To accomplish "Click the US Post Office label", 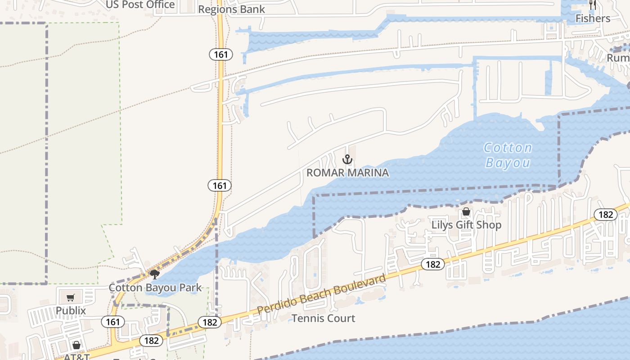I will click(140, 4).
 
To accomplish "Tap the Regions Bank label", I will click(231, 9).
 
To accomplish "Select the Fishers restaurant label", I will click(593, 18).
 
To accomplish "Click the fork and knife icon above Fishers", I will click(593, 5).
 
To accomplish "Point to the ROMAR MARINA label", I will click(347, 173).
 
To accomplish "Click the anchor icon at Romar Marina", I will click(347, 159).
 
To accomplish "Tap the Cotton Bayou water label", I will click(508, 155).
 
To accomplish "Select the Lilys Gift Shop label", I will click(466, 225).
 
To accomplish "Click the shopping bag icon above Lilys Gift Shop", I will click(466, 211).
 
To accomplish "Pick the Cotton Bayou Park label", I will click(155, 288).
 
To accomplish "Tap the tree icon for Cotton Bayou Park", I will click(155, 274).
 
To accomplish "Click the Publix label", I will click(71, 310).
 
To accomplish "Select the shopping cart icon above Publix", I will click(71, 297).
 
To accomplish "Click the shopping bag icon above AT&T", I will click(76, 345).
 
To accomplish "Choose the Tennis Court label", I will click(323, 319).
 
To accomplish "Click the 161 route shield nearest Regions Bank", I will click(220, 54).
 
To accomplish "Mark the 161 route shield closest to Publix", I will click(112, 322).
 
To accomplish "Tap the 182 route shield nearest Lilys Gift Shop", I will click(433, 264).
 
